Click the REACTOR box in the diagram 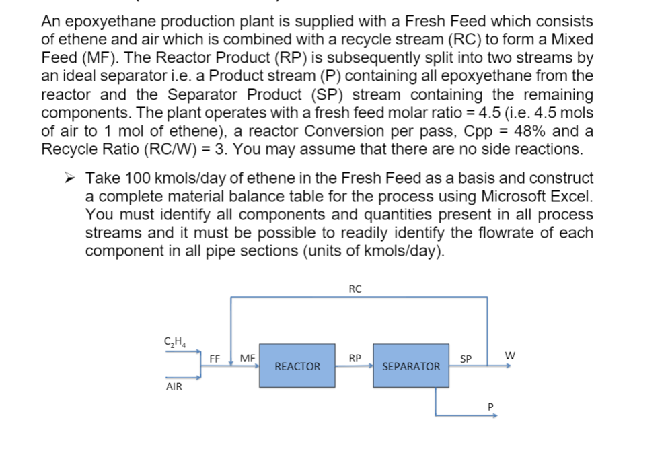[297, 366]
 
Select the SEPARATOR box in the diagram [411, 366]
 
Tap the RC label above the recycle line [355, 289]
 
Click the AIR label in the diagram [174, 388]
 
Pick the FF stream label [215, 358]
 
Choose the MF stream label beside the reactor [247, 358]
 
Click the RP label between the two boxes [355, 358]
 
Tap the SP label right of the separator [466, 358]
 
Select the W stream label [509, 354]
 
